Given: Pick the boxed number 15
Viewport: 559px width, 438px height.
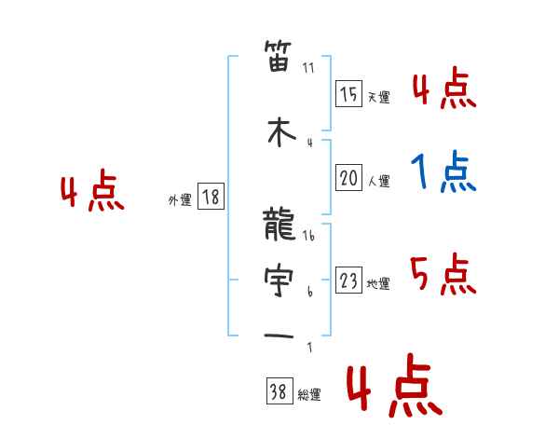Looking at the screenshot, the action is click(348, 94).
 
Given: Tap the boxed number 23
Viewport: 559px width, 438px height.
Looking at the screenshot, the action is click(348, 281).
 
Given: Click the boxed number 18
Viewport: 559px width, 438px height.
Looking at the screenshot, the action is click(211, 197).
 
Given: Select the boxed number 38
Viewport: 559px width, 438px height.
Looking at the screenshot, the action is click(278, 392).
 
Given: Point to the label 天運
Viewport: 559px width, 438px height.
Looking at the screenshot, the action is click(378, 97).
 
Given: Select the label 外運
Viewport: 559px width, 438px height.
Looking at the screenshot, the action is click(180, 199).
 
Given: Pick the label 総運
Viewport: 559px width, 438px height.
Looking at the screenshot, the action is click(308, 395).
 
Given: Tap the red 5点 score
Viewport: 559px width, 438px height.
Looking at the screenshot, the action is click(443, 274).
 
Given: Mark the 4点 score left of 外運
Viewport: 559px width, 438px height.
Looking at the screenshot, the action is click(92, 194).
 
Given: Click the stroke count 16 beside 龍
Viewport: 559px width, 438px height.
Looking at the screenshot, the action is click(309, 237).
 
